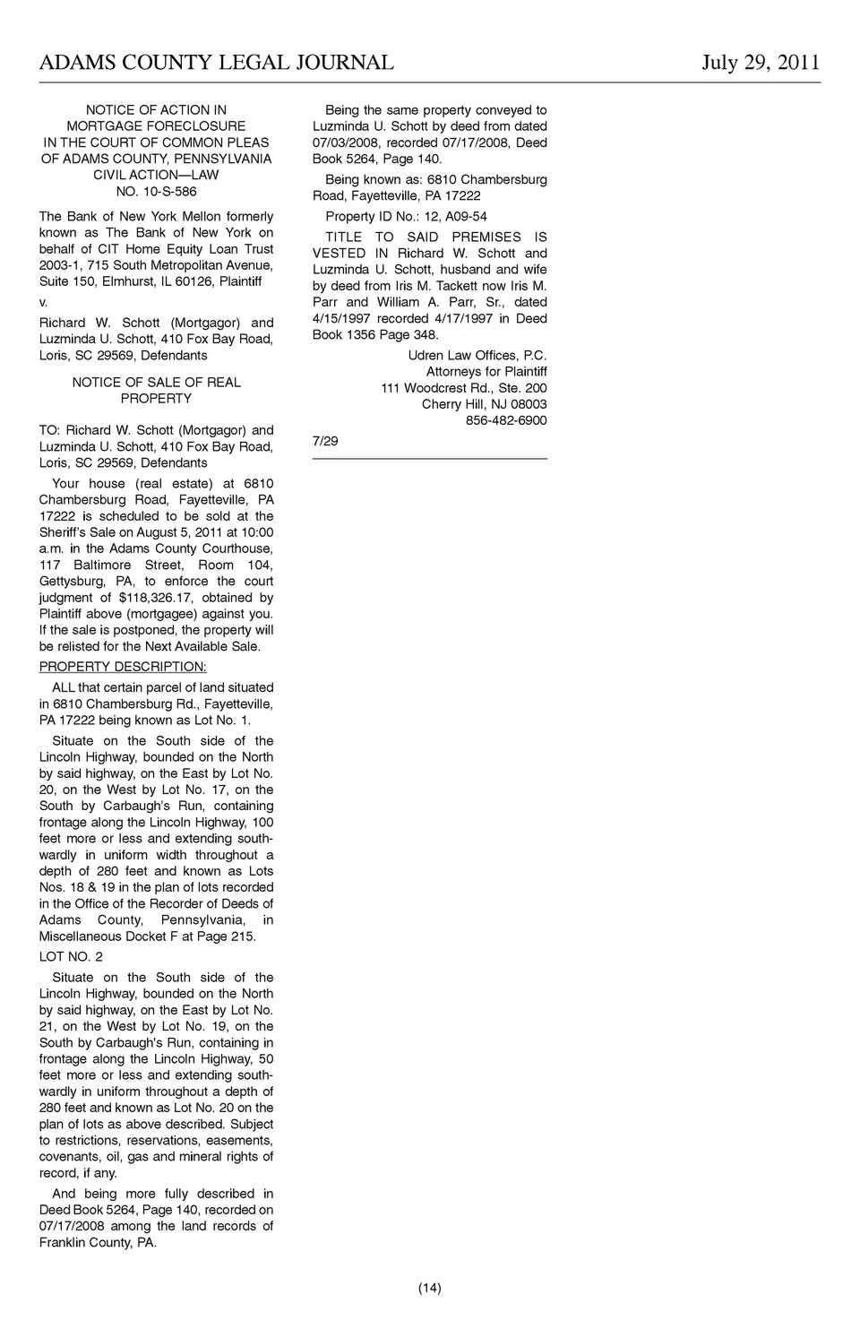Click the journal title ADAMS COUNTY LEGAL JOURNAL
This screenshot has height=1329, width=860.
point(216,62)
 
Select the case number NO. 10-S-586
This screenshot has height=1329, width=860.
point(156,191)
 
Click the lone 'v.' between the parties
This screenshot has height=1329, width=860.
point(43,302)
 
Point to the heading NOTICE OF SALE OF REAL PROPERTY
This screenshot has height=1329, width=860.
point(156,390)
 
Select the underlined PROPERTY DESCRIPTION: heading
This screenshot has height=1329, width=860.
point(123,666)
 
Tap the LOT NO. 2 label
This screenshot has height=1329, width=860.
point(71,956)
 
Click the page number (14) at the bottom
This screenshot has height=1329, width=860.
point(429,1288)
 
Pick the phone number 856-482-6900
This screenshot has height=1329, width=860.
point(505,420)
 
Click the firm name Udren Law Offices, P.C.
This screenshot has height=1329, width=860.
point(477,355)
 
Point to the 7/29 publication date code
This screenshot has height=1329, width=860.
point(325,440)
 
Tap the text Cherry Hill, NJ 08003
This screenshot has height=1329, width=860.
point(484,404)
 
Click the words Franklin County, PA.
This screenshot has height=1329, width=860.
point(98,1242)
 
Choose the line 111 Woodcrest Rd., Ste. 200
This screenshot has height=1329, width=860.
point(463,388)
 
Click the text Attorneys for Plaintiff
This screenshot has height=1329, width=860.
point(486,371)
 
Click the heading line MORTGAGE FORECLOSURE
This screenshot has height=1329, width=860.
point(156,126)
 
